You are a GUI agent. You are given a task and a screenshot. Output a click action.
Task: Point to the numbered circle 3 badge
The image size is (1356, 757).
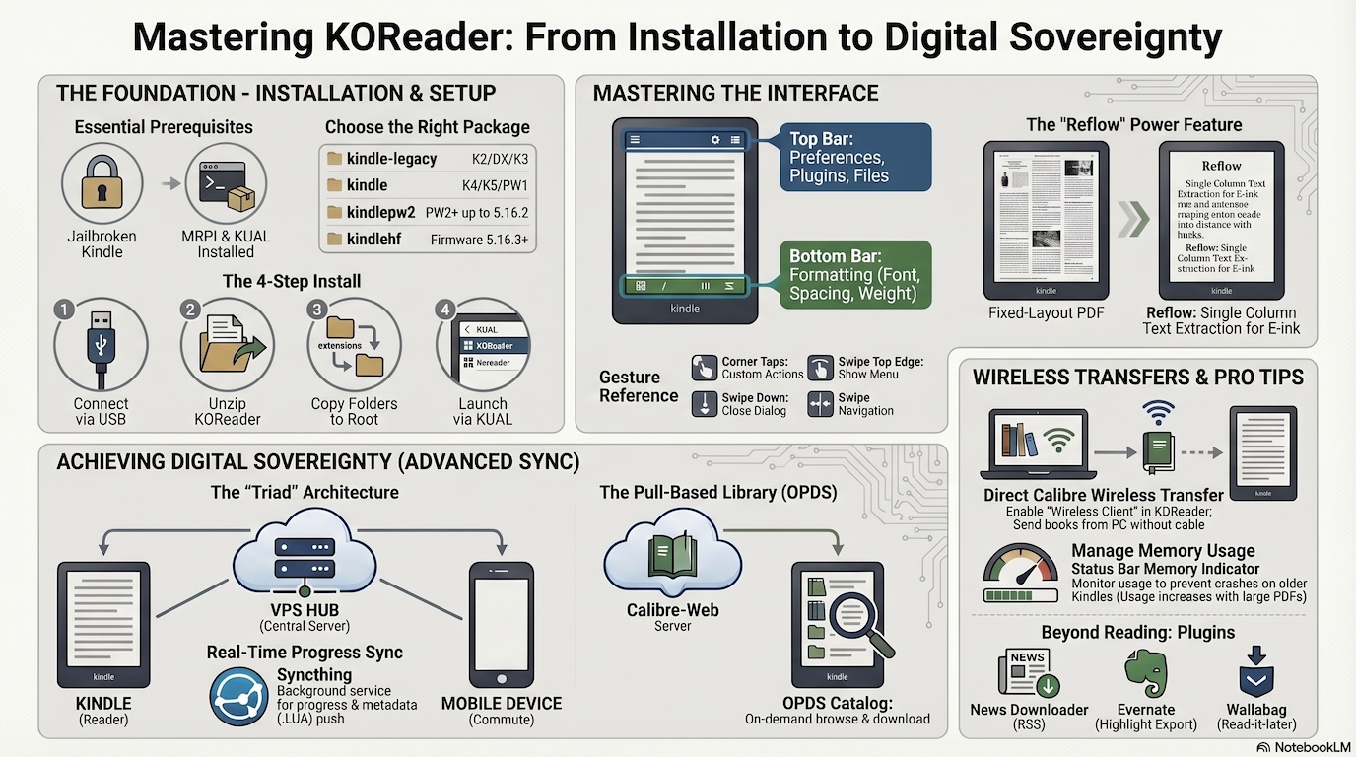pos(316,310)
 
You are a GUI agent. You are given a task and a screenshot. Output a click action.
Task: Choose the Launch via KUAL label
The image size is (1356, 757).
pos(483,411)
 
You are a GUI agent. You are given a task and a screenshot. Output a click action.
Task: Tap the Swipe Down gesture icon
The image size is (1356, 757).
pos(704,404)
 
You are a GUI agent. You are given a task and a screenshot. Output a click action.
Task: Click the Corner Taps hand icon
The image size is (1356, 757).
pos(704,368)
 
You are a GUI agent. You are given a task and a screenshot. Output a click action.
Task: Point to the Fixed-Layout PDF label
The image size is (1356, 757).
pos(1046,313)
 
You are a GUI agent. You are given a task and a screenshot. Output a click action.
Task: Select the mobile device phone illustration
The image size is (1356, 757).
pos(502,623)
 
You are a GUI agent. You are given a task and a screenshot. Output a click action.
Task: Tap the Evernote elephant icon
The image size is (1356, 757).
pos(1145,673)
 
